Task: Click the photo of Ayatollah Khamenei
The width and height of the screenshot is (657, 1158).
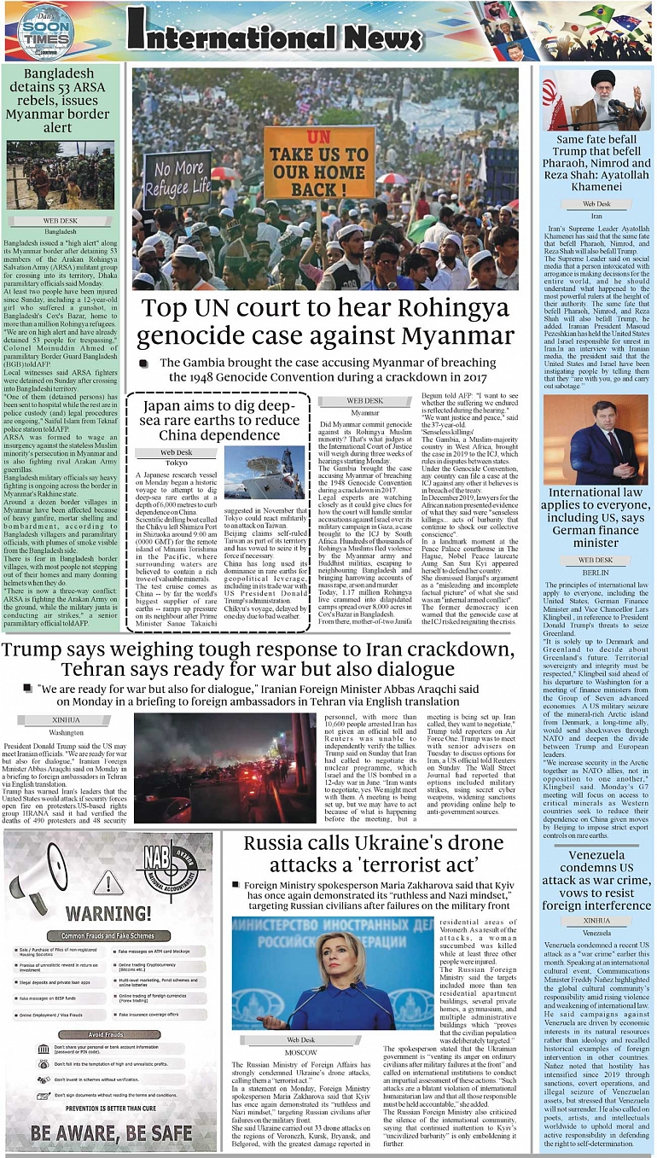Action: tap(596, 99)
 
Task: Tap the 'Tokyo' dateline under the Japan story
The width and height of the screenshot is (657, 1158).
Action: tap(177, 463)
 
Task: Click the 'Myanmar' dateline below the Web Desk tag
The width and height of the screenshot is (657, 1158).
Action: tap(365, 412)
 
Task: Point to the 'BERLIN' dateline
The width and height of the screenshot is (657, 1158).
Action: tap(596, 572)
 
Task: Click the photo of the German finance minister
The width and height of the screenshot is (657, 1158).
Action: tap(596, 439)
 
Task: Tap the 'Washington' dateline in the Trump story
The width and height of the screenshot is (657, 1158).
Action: tap(67, 732)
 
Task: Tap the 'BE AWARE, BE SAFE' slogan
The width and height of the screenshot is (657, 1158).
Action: tap(111, 1133)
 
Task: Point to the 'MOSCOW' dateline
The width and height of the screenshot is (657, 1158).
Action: tap(300, 1052)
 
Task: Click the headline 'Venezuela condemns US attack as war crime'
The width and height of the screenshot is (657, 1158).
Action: tap(596, 882)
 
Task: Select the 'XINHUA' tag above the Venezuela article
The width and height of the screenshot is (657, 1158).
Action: tap(596, 921)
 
